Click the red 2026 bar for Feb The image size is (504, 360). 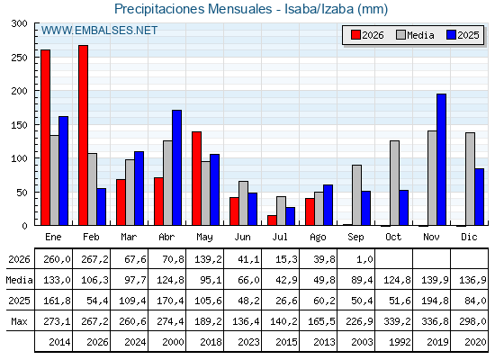(83, 135)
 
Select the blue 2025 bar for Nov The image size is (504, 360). (441, 159)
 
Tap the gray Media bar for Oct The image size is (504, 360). (394, 183)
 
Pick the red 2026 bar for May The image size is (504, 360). (197, 178)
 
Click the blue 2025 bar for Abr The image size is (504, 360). (176, 167)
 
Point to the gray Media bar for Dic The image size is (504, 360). (470, 179)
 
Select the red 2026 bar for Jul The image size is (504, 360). (272, 220)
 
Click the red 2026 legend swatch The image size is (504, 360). (355, 35)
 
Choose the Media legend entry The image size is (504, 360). (415, 35)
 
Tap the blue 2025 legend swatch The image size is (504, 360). (451, 35)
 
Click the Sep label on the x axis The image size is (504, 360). (355, 238)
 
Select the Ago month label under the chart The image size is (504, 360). (318, 238)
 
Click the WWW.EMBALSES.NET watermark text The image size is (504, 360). (99, 31)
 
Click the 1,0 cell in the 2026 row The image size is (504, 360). (364, 259)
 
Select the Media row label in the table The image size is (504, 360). (19, 280)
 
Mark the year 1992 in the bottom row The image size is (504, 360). (400, 342)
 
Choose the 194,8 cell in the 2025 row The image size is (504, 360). (435, 301)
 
